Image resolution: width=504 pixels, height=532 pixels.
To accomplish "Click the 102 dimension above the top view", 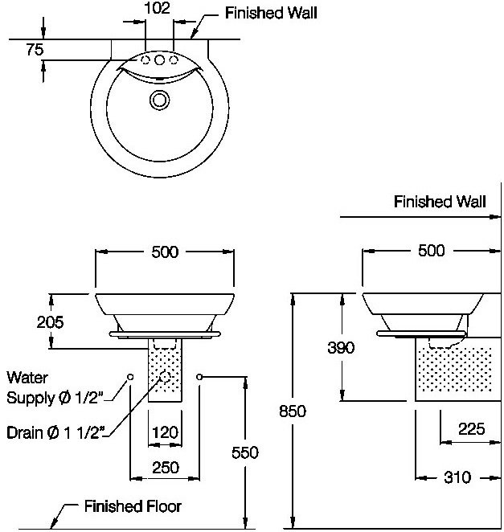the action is [157, 8].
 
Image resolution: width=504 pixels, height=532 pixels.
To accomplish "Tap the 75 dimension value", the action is [35, 50].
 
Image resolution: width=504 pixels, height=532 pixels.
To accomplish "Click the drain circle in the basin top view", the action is [159, 100].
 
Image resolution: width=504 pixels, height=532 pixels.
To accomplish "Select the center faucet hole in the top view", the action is [159, 60].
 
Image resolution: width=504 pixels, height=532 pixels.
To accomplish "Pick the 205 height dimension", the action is [50, 322].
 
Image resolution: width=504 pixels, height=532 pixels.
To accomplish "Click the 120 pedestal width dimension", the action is [165, 432].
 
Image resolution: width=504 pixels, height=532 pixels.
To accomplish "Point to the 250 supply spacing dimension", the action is [166, 468].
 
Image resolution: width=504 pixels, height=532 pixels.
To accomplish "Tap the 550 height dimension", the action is [245, 452].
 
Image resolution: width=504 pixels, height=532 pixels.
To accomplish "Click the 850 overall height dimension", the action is [293, 411].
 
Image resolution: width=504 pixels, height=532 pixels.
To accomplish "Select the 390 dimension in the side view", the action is [341, 347].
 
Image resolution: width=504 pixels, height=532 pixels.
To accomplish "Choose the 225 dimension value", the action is [471, 429].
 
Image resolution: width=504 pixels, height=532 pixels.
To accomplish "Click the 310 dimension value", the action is [457, 477].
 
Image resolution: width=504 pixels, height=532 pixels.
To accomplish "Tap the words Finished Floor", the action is [133, 506].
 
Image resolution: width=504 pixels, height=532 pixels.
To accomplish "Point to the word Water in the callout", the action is [27, 378].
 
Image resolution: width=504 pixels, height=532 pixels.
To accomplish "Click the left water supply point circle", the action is [130, 377].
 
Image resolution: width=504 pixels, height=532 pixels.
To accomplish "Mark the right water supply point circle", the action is [199, 377].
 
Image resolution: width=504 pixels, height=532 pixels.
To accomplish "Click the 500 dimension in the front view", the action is [165, 252].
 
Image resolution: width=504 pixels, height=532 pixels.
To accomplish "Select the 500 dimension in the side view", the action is [432, 251].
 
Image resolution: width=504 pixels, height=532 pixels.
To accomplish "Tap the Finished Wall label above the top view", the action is [271, 13].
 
